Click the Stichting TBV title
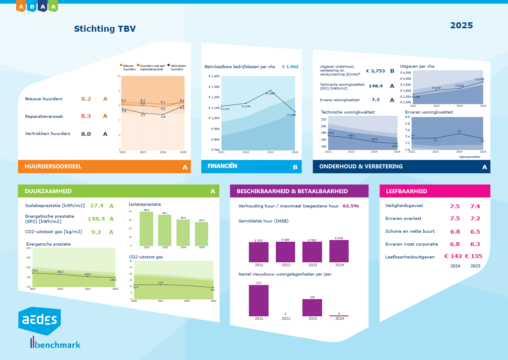click(105, 29)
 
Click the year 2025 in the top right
click(461, 25)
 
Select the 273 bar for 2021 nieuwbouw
click(259, 300)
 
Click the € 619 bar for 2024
click(339, 251)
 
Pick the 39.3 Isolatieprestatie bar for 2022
click(146, 229)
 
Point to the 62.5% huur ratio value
click(351, 206)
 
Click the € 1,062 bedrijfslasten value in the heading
click(290, 66)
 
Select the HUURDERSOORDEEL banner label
click(53, 166)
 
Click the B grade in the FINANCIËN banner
click(295, 167)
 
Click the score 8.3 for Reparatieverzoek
click(86, 116)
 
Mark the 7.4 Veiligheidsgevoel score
click(475, 206)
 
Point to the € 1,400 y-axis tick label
click(214, 76)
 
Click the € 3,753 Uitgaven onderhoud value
click(375, 71)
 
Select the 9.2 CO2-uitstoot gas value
click(96, 232)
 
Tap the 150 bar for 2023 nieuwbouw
click(312, 308)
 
